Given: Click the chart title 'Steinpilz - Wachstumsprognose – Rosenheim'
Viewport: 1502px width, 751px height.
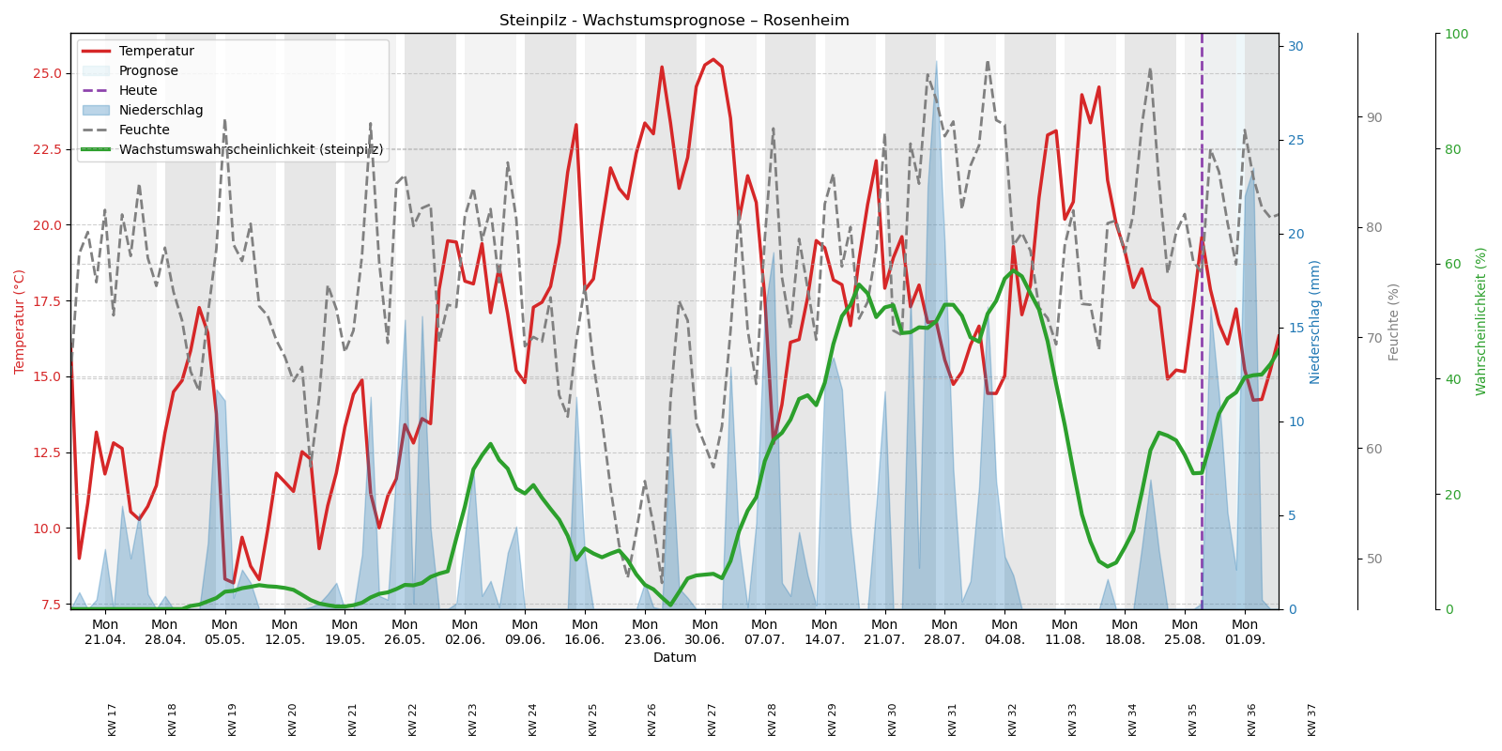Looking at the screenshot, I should (674, 21).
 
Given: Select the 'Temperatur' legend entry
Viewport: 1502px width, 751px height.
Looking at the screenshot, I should (156, 52).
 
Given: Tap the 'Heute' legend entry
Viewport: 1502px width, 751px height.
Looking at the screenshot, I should (138, 91).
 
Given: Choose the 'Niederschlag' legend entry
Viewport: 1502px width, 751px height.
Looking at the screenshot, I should (161, 111).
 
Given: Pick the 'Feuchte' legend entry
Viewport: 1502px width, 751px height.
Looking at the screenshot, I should (144, 130).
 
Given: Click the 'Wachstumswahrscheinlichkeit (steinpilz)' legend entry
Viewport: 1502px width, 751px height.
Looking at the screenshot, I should (251, 150).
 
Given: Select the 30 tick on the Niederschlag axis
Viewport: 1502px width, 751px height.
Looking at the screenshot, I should (1295, 46).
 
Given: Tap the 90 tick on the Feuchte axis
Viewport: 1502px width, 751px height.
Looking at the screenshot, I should (1374, 117).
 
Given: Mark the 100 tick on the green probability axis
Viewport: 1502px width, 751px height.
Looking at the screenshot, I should (1456, 34).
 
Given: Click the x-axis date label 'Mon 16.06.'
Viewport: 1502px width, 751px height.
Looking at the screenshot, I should (585, 632).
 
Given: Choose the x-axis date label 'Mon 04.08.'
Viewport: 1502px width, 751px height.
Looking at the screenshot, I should (1004, 632).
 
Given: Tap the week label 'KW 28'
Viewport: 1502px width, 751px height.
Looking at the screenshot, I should (773, 719).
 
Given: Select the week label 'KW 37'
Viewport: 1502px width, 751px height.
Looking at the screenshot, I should (1312, 719).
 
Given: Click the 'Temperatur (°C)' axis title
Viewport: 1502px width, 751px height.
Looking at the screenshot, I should (20, 321).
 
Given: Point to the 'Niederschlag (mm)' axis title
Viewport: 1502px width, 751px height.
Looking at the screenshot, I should (1315, 321).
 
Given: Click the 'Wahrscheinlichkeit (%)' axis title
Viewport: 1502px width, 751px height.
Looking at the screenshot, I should (1481, 321).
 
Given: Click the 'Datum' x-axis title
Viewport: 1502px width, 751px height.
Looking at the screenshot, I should (674, 658).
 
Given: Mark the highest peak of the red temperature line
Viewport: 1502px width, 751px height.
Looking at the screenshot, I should (713, 60).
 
